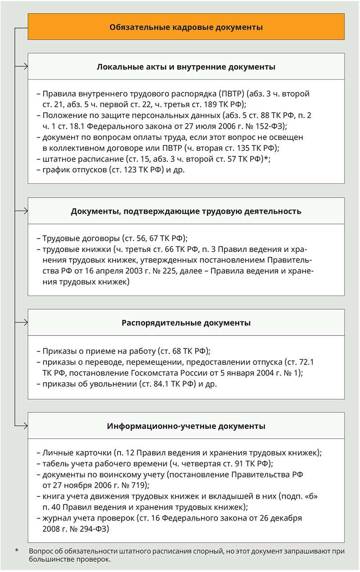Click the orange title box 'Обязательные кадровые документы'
186,27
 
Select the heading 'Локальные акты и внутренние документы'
186,67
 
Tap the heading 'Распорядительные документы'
186,323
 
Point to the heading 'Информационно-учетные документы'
186,426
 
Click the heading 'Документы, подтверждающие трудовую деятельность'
186,211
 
